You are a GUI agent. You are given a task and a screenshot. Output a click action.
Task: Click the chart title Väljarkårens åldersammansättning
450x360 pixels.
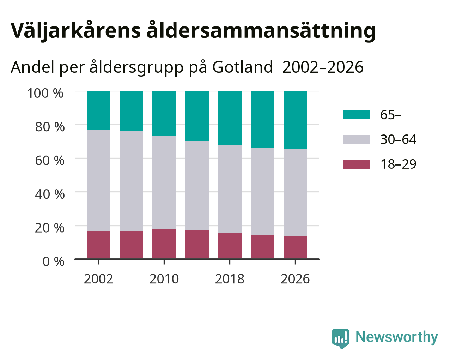tap(193, 31)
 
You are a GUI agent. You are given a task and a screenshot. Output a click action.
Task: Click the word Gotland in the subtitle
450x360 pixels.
tap(243, 67)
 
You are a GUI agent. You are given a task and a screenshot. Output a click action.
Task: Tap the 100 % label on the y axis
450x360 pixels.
tap(45, 93)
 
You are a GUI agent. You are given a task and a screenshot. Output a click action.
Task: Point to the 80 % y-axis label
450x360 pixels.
tap(50, 127)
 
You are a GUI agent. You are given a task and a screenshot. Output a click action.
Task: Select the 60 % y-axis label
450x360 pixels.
tap(50, 161)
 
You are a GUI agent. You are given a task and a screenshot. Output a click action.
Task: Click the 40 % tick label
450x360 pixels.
tap(50, 194)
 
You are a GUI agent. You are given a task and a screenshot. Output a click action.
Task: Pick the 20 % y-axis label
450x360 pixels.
tap(50, 228)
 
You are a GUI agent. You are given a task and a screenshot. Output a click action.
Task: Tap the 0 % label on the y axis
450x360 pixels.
tap(53, 262)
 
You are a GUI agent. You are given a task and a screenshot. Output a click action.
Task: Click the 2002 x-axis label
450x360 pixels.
tap(98, 279)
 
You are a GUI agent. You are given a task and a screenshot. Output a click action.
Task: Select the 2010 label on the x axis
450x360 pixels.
tap(164, 279)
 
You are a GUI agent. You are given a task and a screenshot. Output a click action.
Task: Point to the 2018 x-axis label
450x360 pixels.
tap(230, 279)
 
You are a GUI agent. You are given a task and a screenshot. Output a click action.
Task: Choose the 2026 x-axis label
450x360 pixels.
tap(295, 279)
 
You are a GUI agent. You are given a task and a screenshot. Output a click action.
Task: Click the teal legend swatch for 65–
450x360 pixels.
tap(356, 115)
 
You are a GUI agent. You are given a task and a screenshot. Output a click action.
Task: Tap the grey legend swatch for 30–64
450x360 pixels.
tap(356, 139)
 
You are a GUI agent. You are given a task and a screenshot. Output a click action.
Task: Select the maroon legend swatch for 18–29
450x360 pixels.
tap(356, 164)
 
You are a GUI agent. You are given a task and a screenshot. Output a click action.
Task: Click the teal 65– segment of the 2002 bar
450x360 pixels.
tap(98, 110)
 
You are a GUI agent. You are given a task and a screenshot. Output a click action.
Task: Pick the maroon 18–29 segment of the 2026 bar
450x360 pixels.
tap(295, 247)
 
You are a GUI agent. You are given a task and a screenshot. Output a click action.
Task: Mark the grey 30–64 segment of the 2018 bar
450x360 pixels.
tap(230, 188)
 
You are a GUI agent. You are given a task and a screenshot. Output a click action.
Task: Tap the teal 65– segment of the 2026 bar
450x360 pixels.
tap(295, 120)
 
